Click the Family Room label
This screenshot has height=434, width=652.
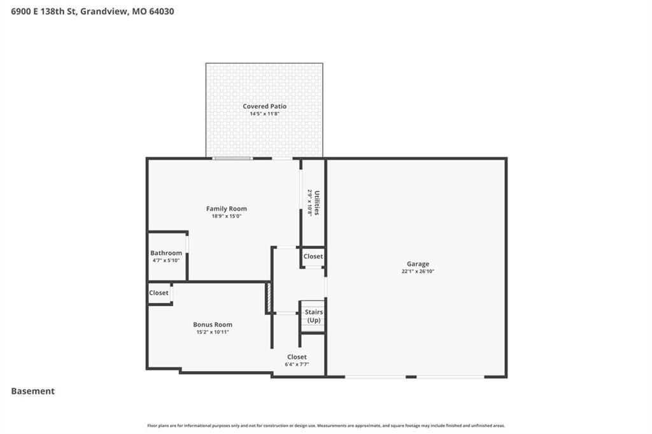[226, 209]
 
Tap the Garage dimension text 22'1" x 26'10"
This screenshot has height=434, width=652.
[418, 271]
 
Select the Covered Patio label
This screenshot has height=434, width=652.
[264, 106]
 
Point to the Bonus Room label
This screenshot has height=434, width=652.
[213, 325]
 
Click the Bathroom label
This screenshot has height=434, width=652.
[166, 253]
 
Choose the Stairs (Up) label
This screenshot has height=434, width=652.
[314, 316]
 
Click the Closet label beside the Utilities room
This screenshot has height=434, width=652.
[313, 256]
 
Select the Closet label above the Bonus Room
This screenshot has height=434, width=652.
[159, 293]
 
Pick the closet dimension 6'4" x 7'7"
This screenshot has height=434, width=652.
[297, 364]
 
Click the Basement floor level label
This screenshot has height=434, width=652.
[33, 391]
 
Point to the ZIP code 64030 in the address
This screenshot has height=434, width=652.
[161, 11]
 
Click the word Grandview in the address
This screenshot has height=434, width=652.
[104, 11]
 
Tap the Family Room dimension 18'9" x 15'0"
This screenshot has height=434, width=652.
[227, 216]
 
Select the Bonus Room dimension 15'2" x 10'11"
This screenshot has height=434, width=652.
[213, 332]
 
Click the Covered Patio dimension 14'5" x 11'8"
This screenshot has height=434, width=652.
[264, 113]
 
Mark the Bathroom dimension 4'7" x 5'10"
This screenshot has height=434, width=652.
[166, 260]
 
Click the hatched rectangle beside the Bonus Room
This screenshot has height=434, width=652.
[269, 297]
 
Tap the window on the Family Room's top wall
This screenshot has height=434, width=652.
[232, 158]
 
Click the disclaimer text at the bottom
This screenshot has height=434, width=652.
[326, 425]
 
